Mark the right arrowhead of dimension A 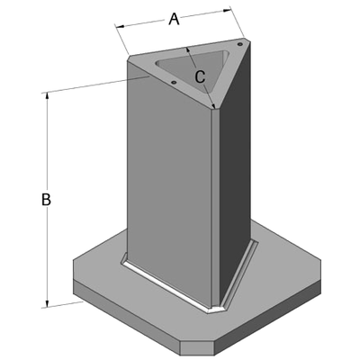tap(229, 11)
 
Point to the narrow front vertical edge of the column tap(217, 207)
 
